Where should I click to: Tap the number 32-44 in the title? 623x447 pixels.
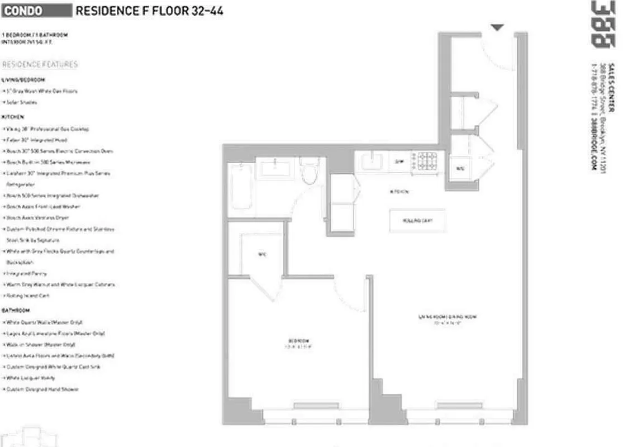(x=205, y=11)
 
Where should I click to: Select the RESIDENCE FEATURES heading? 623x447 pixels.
(x=40, y=64)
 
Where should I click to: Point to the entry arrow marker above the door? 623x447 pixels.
(x=497, y=27)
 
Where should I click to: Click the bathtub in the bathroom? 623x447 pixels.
(x=241, y=189)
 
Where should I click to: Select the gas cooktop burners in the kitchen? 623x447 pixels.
(x=427, y=162)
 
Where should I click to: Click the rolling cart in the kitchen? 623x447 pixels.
(x=417, y=221)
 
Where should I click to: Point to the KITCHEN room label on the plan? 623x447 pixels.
(x=400, y=192)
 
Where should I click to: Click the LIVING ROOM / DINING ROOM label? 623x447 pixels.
(x=444, y=317)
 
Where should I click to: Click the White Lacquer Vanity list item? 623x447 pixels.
(x=30, y=378)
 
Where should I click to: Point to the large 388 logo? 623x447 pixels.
(x=602, y=23)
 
